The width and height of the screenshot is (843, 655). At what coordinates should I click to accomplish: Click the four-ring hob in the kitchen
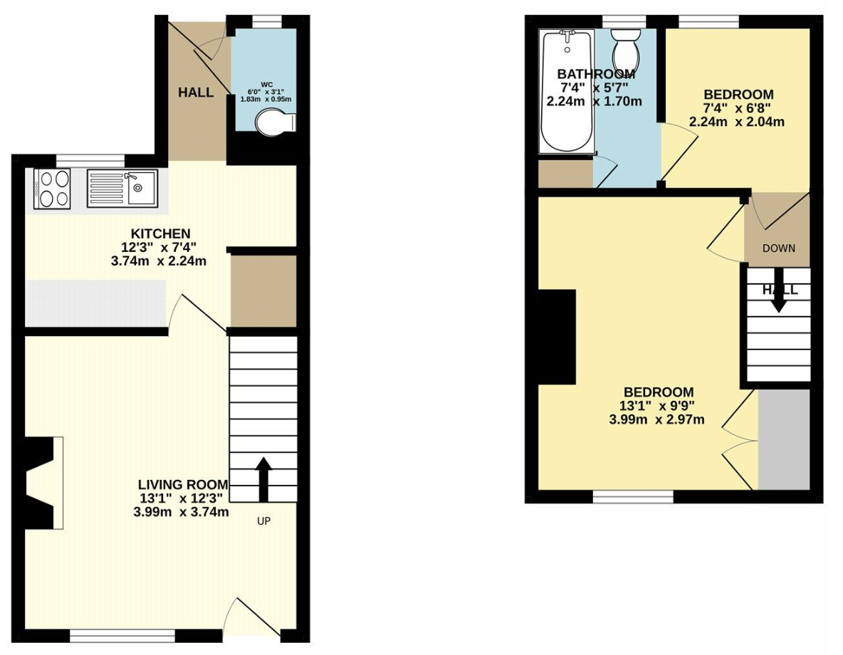[x=52, y=189]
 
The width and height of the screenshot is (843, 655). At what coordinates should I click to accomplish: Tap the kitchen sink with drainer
[x=122, y=189]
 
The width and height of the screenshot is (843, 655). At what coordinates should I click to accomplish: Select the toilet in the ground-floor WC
[x=275, y=122]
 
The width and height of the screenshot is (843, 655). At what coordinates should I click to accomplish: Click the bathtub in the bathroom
[x=567, y=91]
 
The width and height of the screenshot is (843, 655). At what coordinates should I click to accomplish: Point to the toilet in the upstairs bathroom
[x=625, y=48]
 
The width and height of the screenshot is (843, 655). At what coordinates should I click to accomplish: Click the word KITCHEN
[x=161, y=234]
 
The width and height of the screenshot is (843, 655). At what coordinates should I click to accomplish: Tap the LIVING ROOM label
[x=183, y=485]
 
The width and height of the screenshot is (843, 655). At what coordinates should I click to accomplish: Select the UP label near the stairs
[x=263, y=520]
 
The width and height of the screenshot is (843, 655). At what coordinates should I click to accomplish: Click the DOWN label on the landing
[x=778, y=248]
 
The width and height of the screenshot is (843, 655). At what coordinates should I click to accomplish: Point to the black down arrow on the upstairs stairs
[x=778, y=297]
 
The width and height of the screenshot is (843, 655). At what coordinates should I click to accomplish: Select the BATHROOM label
[x=596, y=73]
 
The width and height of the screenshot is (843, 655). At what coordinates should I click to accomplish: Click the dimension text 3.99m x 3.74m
[x=181, y=512]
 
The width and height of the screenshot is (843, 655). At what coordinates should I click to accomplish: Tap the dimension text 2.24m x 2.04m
[x=736, y=122]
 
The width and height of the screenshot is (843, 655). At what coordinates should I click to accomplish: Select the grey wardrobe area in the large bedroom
[x=784, y=439]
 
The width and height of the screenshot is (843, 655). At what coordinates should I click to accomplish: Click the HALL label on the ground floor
[x=196, y=93]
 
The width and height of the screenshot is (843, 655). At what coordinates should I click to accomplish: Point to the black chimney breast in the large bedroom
[x=557, y=337]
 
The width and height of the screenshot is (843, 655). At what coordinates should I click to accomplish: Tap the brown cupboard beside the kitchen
[x=263, y=290]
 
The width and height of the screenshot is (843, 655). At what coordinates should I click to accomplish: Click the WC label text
[x=267, y=85]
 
